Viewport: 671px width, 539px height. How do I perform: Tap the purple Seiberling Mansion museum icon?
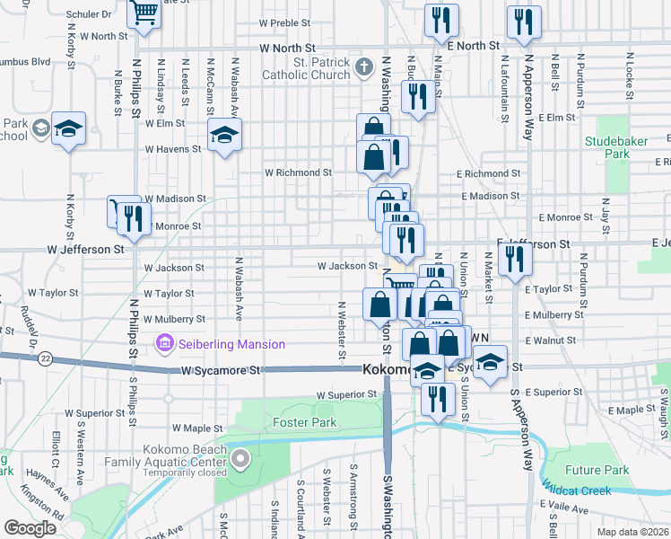pos(164,344)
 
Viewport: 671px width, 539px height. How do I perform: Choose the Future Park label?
pos(597,470)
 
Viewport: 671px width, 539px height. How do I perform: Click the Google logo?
pos(30,527)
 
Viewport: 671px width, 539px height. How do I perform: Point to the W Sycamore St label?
pos(220,370)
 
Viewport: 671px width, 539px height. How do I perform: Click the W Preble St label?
pos(283,22)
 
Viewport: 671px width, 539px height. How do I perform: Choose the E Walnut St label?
pos(550,341)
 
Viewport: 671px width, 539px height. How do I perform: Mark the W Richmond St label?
pos(298,172)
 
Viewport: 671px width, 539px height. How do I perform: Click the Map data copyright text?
pos(632,532)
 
